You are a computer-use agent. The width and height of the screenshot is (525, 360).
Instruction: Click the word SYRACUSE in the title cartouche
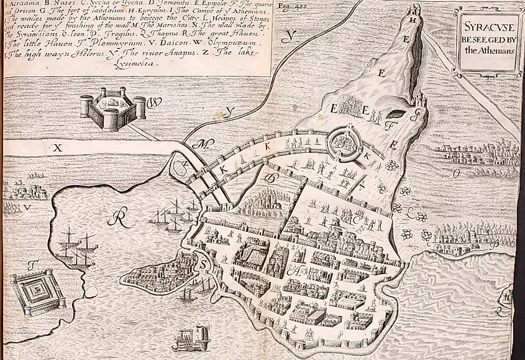click(x=488, y=29)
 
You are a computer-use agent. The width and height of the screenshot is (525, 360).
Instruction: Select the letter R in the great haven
click(x=118, y=218)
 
